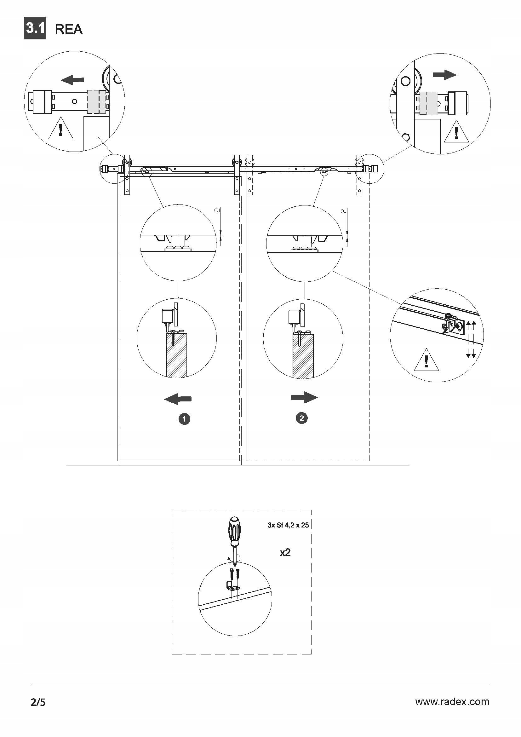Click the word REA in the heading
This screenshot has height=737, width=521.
(69, 29)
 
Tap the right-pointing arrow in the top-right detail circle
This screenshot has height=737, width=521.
(445, 75)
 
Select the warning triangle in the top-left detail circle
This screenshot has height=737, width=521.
(60, 130)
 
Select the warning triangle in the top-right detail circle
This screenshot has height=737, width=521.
(456, 132)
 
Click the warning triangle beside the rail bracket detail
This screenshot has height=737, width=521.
(427, 361)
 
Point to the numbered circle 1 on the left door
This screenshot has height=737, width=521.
(184, 419)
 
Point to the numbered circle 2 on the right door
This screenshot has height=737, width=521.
(301, 418)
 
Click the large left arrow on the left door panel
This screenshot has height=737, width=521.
(178, 399)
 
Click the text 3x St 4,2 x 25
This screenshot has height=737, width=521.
(288, 525)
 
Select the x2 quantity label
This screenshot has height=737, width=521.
(285, 552)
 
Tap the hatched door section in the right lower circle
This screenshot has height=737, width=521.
(303, 356)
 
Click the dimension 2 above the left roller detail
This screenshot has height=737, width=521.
(218, 210)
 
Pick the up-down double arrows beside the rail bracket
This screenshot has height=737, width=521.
(471, 339)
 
